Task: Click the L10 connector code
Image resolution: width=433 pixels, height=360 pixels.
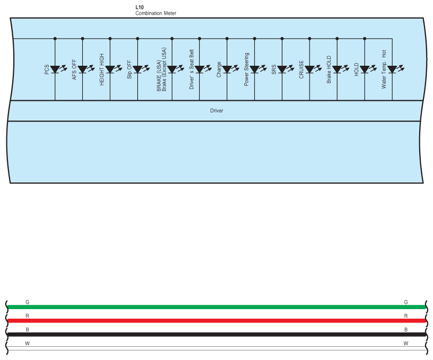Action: tap(139, 7)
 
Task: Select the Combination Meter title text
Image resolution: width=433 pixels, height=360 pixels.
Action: tap(156, 13)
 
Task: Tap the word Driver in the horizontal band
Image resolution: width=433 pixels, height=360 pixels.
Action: tap(217, 111)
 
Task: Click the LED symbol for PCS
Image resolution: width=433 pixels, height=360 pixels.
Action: tap(55, 69)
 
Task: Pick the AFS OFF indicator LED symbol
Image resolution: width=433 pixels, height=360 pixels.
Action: tap(83, 69)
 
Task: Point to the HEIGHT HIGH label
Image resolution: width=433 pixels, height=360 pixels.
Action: tap(102, 66)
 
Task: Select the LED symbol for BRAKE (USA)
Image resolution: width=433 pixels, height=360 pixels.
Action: tap(172, 69)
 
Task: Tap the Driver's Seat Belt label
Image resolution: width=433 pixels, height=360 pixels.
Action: tap(191, 69)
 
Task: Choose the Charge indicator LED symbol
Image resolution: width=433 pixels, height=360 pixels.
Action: tap(227, 69)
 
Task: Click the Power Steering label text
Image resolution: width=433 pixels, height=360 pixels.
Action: tap(246, 69)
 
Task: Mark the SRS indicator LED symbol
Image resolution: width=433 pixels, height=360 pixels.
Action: tap(282, 69)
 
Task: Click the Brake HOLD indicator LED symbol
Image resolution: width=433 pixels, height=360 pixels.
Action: tap(337, 69)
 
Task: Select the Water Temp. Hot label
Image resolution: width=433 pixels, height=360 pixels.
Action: tap(384, 69)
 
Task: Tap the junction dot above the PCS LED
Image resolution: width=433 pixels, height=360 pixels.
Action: tap(55, 39)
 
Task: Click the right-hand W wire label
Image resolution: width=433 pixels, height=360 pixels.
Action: tap(406, 343)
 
